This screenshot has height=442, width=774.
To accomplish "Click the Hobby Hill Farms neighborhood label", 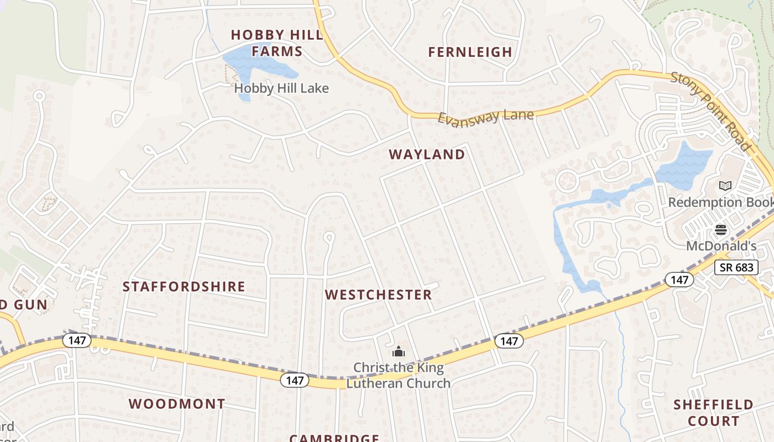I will tap(277, 43).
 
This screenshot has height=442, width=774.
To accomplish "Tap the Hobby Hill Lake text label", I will tap(281, 88).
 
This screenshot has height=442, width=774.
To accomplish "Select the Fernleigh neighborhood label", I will tap(470, 52).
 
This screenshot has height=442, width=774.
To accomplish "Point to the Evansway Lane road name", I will tap(486, 117).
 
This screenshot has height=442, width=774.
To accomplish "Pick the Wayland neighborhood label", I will tap(427, 155).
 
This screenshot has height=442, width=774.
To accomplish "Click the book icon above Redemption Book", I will tap(725, 186).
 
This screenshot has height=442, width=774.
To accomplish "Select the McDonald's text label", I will tap(721, 245).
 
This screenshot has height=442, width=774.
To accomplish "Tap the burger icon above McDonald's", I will tap(720, 229).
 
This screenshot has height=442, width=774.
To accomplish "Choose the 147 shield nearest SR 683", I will tap(679, 280).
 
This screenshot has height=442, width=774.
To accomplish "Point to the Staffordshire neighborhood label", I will tap(184, 287).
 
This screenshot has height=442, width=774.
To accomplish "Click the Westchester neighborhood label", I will tap(378, 295).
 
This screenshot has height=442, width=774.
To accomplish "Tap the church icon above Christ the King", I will tap(399, 351).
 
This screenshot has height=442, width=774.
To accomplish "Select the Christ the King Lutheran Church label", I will tap(399, 375).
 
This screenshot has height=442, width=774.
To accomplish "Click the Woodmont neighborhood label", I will tap(177, 404).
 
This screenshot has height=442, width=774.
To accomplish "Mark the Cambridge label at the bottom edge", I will tap(334, 438).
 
